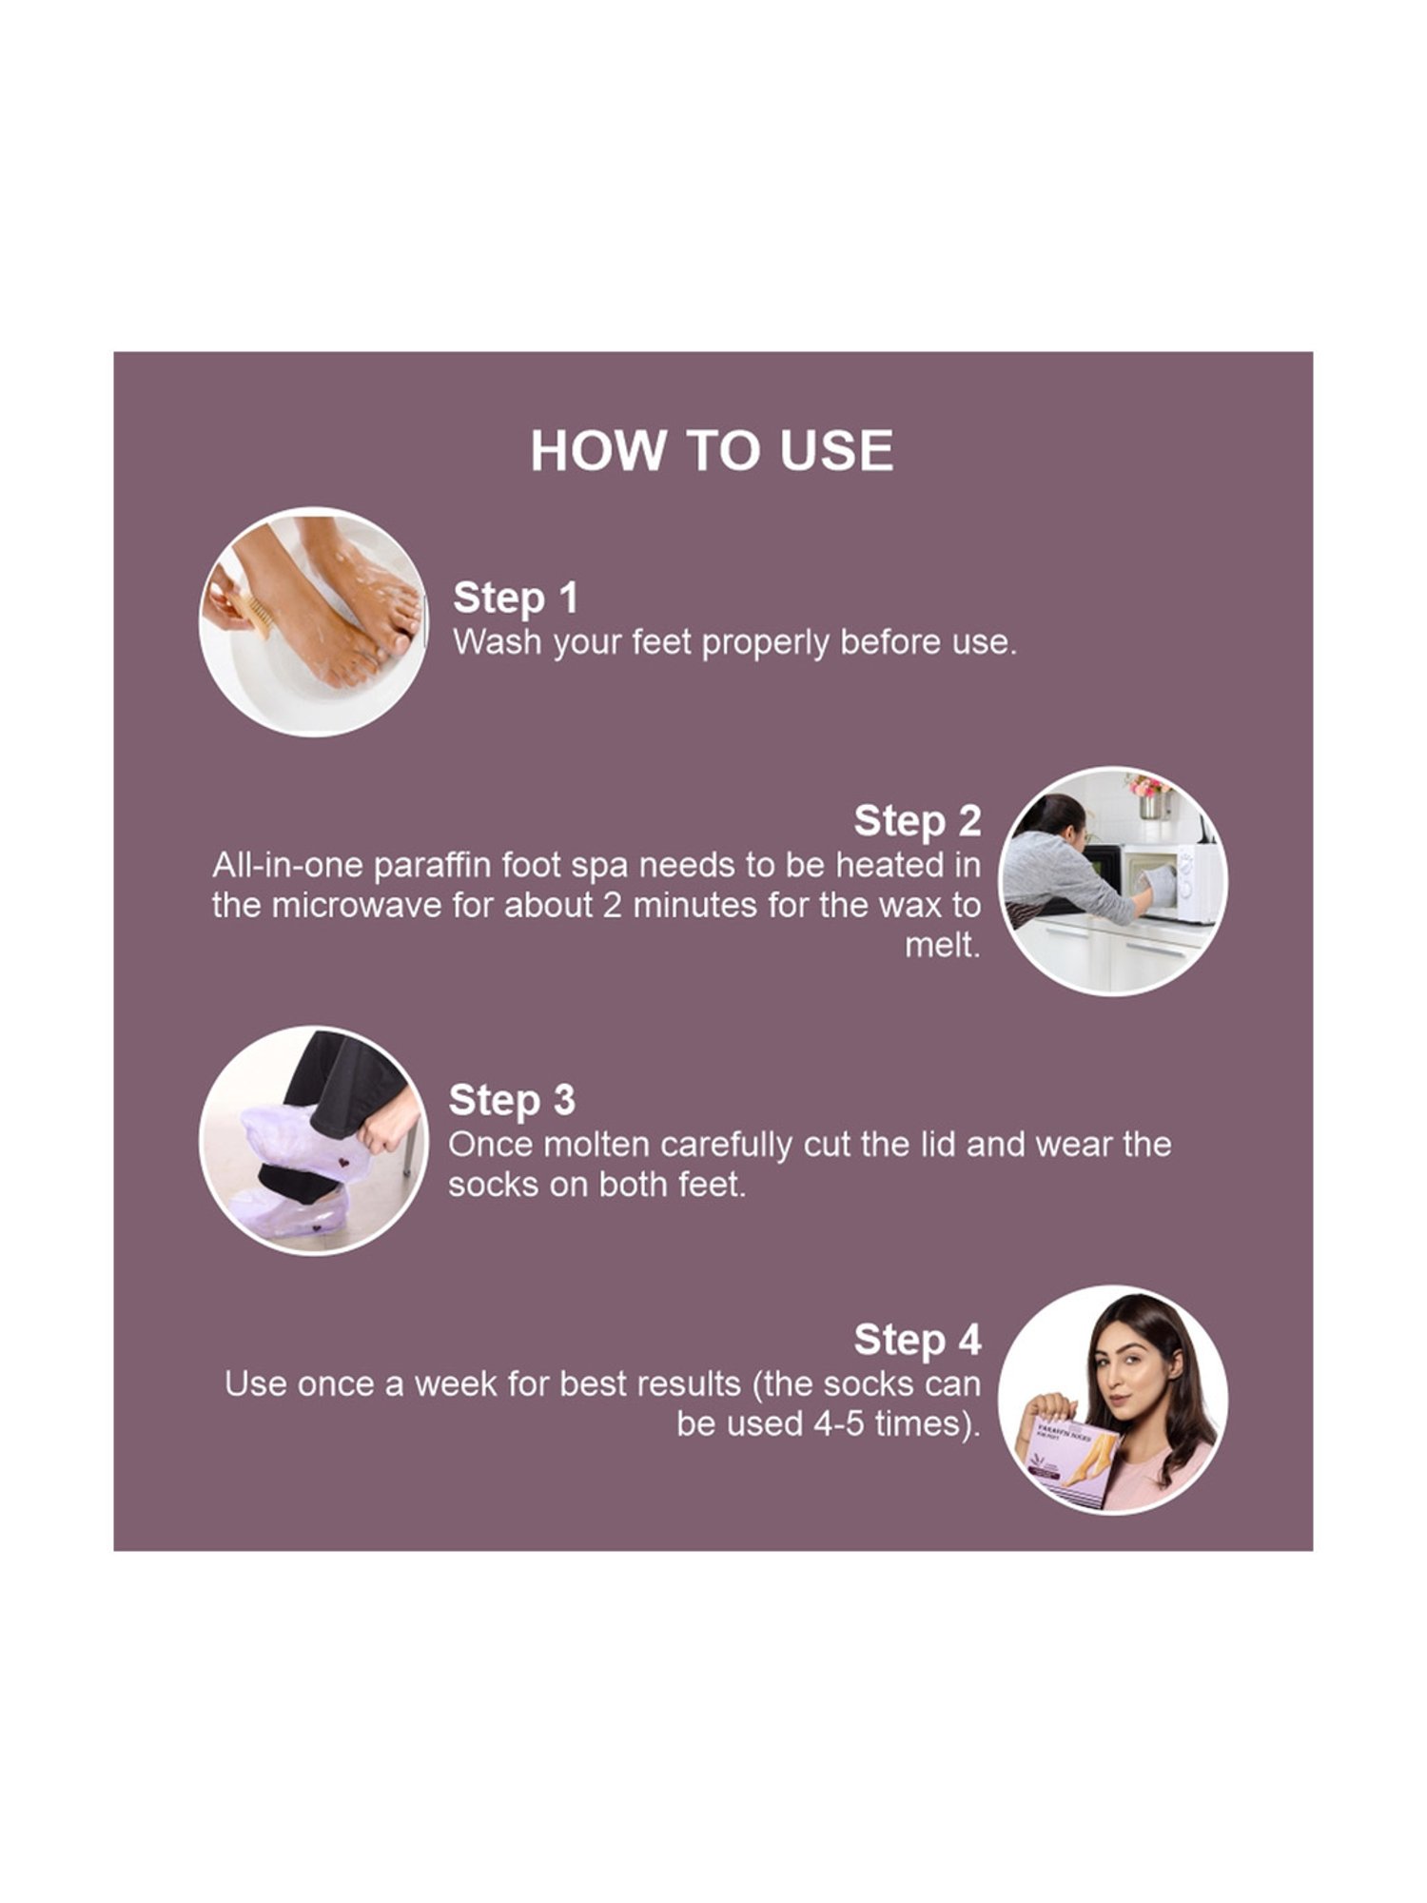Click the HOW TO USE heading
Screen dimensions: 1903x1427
pos(712,450)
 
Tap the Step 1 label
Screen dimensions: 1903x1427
pos(515,598)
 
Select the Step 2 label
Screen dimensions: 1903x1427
pos(916,821)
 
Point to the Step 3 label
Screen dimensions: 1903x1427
pos(512,1100)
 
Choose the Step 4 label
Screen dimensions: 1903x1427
pos(916,1340)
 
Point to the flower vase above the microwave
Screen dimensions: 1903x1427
pos(1149,797)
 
